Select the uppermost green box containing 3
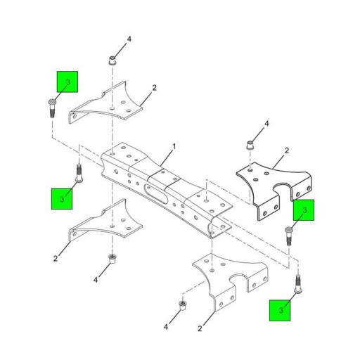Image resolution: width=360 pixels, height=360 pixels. [x=67, y=84]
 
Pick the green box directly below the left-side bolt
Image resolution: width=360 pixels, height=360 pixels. [x=63, y=198]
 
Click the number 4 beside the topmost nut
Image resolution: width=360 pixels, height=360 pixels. [x=129, y=39]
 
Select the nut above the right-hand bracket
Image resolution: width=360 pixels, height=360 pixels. [x=248, y=146]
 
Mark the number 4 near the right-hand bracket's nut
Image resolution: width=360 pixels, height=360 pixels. [x=267, y=124]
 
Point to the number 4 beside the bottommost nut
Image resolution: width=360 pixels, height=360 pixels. [x=166, y=327]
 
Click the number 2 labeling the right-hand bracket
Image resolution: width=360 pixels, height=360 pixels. [x=287, y=150]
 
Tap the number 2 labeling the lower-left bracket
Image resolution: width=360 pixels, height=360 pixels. [x=55, y=258]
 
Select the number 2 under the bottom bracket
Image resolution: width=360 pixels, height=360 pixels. [x=200, y=328]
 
